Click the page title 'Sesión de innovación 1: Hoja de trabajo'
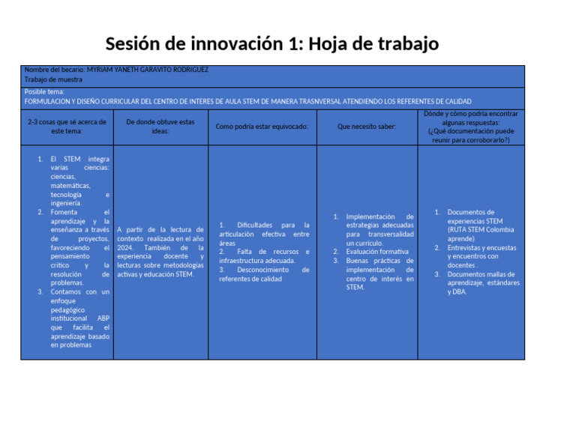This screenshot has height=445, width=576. click(x=271, y=44)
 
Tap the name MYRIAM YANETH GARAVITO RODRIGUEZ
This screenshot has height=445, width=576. click(x=148, y=70)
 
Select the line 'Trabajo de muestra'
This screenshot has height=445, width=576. click(x=53, y=79)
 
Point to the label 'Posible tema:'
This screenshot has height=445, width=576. click(x=45, y=91)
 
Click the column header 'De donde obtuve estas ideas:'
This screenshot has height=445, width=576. click(x=160, y=126)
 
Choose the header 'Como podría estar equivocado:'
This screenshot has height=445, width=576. click(x=262, y=127)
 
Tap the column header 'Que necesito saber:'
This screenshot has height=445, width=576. click(x=367, y=127)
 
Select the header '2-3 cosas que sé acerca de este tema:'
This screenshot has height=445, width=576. click(x=67, y=126)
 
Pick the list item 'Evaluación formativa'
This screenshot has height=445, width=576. click(x=377, y=252)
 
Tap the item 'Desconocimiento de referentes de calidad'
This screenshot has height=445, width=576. click(x=264, y=274)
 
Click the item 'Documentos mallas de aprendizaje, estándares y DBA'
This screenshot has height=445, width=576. click(x=481, y=282)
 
